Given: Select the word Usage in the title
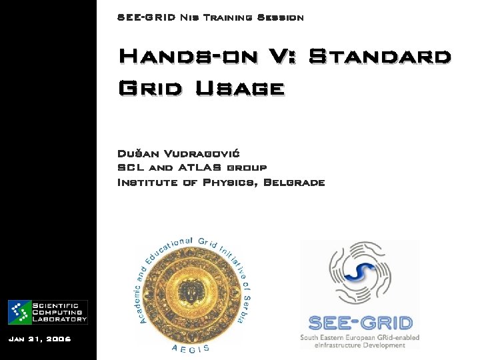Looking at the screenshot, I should (x=240, y=87).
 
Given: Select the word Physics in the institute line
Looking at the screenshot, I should (x=227, y=182).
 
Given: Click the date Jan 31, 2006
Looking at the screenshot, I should (x=39, y=339).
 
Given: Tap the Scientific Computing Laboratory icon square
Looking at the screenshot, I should (x=19, y=312).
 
